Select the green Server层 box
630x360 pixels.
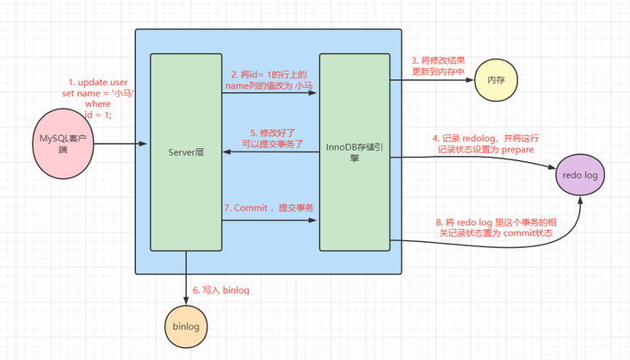(x=186, y=152)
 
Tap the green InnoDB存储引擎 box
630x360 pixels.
(x=354, y=152)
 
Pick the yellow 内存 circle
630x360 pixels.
(x=497, y=80)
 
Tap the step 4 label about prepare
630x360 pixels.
(x=484, y=143)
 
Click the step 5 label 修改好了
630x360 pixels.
(x=270, y=139)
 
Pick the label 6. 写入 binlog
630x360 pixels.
(x=222, y=290)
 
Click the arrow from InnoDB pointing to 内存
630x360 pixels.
(x=430, y=80)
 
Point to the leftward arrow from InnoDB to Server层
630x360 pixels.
(x=270, y=152)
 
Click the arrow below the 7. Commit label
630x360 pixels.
(x=270, y=222)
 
